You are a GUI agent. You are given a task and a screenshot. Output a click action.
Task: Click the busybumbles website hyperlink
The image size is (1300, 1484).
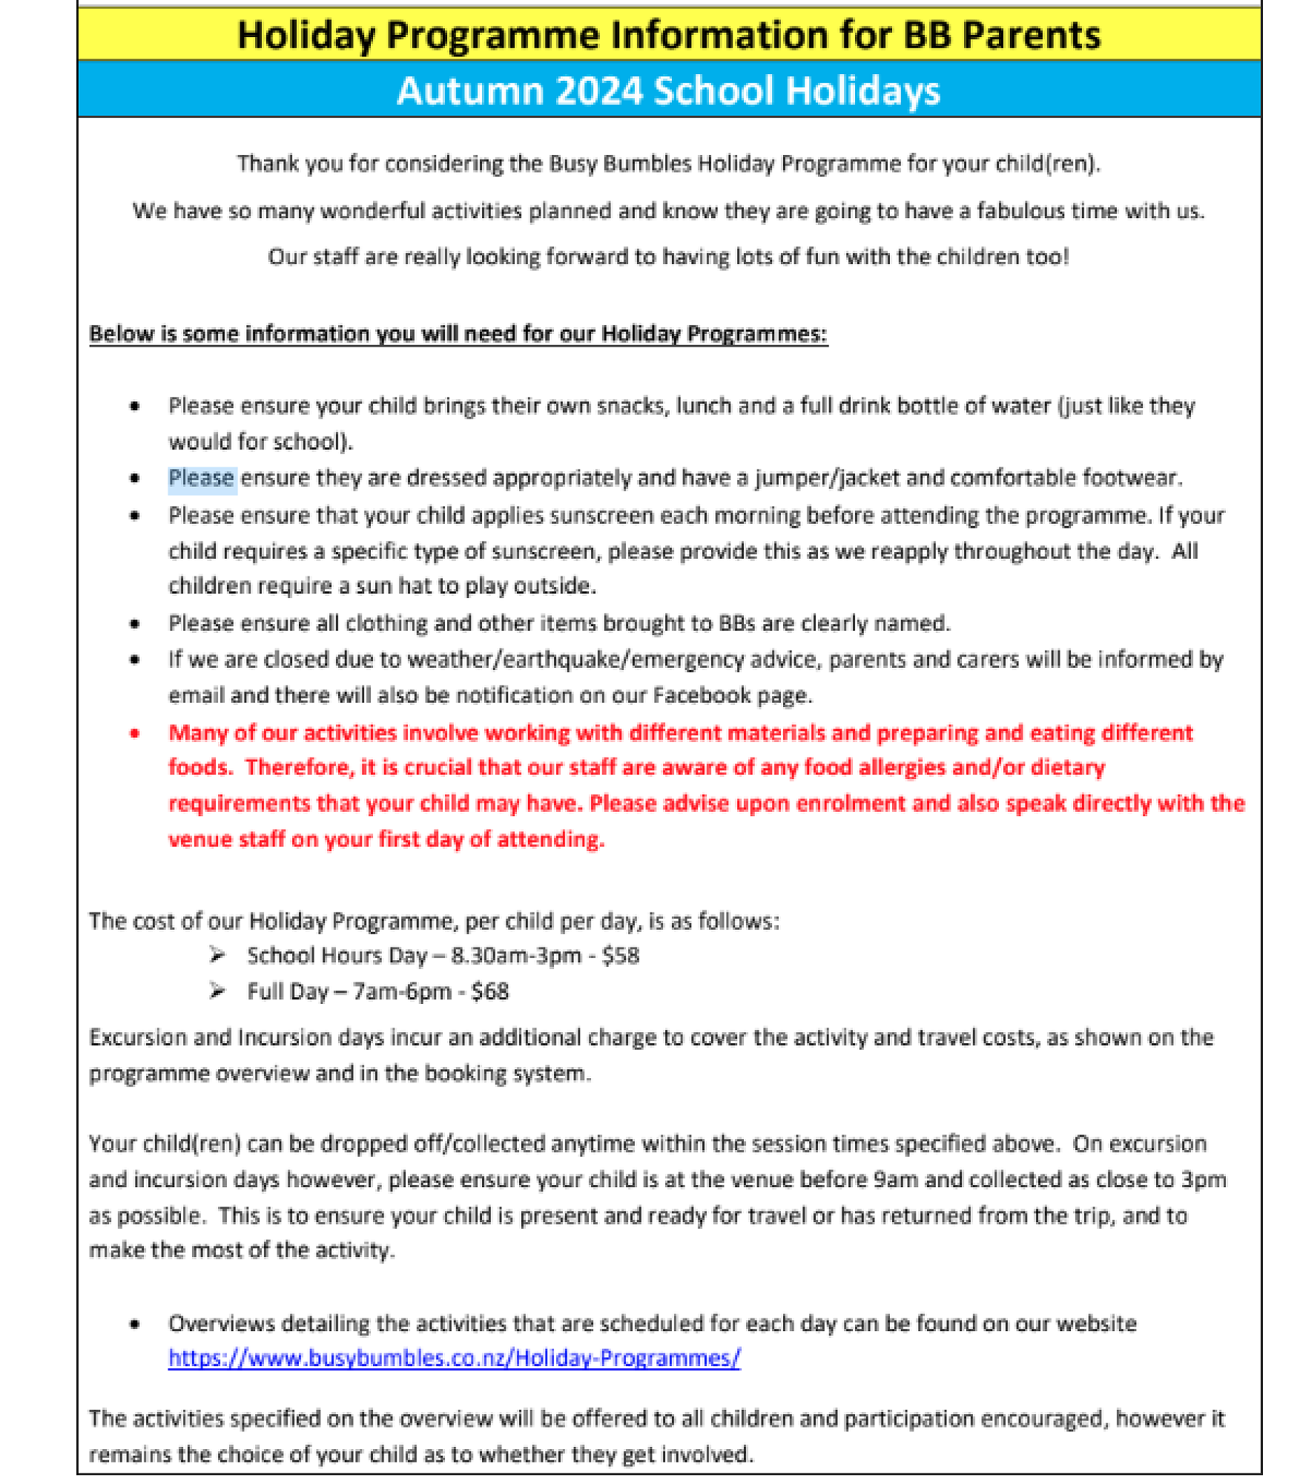454,1358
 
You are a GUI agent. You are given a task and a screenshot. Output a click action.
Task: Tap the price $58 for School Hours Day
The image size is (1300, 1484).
620,955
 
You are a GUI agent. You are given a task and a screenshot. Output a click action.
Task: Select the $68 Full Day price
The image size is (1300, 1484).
489,991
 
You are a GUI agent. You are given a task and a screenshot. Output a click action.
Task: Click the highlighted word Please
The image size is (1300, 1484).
202,478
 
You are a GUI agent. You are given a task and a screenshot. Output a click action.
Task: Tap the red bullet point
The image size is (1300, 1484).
135,733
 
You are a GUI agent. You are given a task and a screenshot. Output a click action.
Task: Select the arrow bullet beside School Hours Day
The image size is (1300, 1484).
217,955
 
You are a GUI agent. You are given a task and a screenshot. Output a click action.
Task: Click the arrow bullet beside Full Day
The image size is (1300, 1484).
217,991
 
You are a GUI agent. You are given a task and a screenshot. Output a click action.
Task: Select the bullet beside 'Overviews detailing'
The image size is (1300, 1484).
135,1324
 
